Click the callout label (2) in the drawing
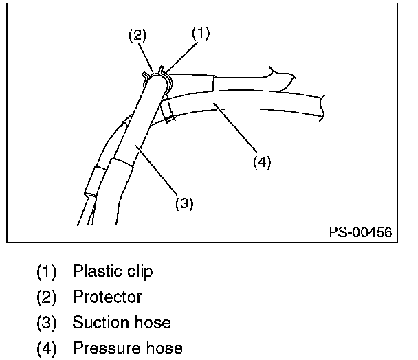(138, 36)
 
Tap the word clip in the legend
(137, 271)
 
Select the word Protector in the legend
(107, 297)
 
